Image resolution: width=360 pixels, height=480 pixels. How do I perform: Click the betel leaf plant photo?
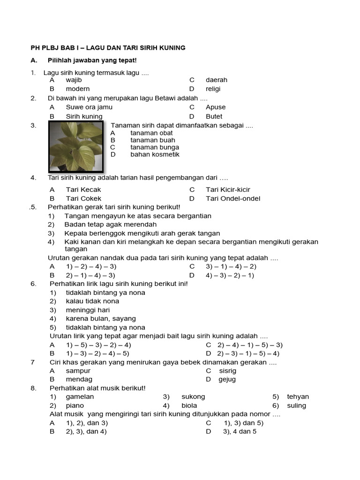77,147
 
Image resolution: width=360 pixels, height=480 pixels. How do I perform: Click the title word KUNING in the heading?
172,48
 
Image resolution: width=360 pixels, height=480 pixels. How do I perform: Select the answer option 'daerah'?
216,80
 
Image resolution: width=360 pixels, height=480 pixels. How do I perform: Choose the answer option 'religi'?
213,89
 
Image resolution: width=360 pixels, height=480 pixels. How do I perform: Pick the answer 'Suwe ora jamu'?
89,107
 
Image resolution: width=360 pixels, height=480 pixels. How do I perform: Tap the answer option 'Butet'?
214,116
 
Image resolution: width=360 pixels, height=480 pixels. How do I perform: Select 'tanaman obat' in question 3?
151,133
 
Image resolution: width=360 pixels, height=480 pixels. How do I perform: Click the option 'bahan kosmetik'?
155,154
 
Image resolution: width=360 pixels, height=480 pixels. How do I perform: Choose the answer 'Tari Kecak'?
83,189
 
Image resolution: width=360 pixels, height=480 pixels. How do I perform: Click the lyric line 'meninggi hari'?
87,310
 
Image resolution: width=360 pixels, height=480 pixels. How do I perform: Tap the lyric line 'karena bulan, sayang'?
101,319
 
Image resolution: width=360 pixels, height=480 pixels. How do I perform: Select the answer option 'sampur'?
78,370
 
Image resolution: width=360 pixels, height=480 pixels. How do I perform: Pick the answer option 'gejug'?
227,379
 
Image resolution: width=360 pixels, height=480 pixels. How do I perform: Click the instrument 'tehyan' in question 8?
298,397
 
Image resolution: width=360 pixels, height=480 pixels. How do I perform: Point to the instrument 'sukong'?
193,397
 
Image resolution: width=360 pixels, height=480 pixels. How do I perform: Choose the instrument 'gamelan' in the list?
80,397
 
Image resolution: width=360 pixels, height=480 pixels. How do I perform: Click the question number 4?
33,178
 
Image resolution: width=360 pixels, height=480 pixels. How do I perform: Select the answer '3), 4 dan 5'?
240,431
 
